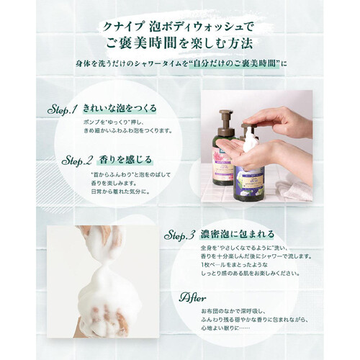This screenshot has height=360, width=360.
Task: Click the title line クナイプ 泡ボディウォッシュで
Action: pyautogui.click(x=179, y=27)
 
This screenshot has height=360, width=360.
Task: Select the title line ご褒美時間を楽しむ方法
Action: pyautogui.click(x=180, y=44)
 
